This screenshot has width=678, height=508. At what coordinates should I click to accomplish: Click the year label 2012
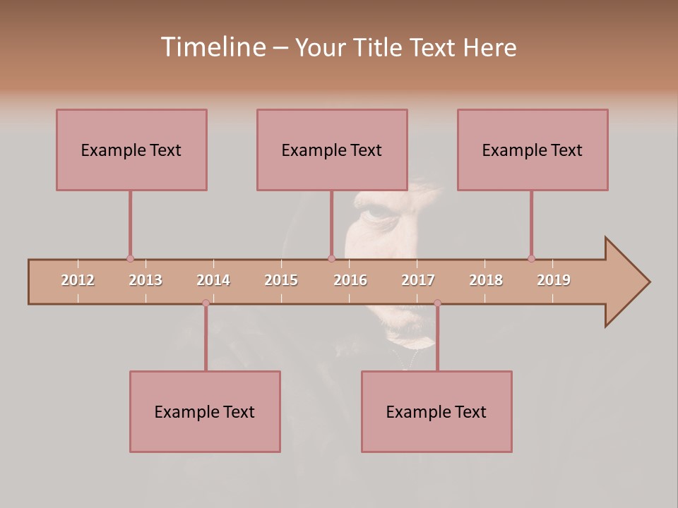(x=78, y=280)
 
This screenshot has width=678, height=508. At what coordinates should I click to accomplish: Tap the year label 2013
(x=145, y=280)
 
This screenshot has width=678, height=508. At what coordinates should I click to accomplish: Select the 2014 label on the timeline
(x=213, y=280)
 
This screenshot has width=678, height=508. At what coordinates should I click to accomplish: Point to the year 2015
(x=281, y=280)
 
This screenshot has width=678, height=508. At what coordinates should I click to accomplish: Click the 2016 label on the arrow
(x=350, y=280)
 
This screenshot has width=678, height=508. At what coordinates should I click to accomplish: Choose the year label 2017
(x=418, y=280)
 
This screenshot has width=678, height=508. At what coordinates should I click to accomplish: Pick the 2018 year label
(x=486, y=280)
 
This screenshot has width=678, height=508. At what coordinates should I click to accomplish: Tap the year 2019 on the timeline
(x=554, y=280)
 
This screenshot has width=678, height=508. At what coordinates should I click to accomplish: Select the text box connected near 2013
(x=131, y=150)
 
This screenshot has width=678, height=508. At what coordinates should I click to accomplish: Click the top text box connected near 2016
(x=332, y=150)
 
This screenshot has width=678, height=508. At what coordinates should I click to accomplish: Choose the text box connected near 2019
(x=533, y=150)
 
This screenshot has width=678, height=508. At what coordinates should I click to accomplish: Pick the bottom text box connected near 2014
(x=205, y=411)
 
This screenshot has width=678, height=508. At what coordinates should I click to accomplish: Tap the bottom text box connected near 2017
(x=436, y=411)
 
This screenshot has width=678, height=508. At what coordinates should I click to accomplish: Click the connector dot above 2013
(x=130, y=258)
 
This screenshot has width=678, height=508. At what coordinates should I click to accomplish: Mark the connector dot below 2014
(x=206, y=303)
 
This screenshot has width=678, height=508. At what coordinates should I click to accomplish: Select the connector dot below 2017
(x=437, y=303)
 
